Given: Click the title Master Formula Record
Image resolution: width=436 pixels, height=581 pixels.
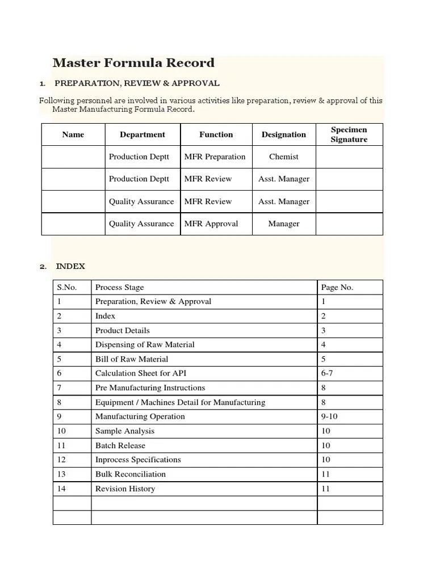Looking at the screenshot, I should [133, 63].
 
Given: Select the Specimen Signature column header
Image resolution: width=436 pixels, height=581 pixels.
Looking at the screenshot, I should [349, 135].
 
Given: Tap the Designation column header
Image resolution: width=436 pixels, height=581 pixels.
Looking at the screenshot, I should [283, 135].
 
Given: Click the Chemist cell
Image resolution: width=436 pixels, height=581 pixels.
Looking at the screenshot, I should [283, 157].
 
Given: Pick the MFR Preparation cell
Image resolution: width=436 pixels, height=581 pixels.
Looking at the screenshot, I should [215, 157].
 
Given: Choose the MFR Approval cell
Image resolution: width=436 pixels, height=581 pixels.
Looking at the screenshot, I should [211, 224].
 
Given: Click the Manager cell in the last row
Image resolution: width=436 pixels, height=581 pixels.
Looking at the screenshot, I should [283, 224].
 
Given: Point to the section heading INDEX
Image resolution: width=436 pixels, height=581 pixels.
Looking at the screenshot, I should [70, 266].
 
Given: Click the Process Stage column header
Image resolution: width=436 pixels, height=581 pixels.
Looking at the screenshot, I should [119, 287].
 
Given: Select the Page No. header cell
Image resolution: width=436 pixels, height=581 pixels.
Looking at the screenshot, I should [337, 287].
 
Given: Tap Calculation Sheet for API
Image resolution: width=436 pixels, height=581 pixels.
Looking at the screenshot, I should [141, 373].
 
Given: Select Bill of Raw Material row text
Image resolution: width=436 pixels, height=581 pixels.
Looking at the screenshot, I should [132, 359].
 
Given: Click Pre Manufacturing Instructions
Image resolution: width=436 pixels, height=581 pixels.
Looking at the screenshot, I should [150, 388].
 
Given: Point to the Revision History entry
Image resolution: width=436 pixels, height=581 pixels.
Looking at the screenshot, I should [125, 489].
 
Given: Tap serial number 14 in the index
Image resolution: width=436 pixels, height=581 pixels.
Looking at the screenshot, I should [61, 489].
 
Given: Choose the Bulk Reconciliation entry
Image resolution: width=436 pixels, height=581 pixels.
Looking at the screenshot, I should [131, 474].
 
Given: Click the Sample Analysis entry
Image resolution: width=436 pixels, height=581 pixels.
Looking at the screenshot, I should [124, 431].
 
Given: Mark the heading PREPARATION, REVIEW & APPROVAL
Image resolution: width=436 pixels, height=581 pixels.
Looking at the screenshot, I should [137, 83].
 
